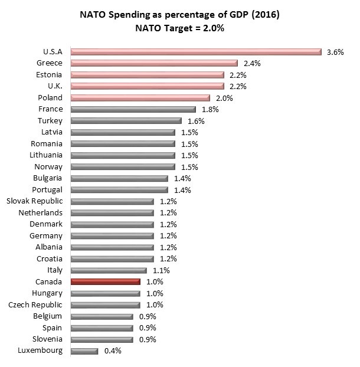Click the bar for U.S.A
pos(196,52)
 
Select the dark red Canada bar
pos(105,282)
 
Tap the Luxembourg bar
pos(84,351)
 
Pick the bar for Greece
pos(154,63)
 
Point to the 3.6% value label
pos(335,52)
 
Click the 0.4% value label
pos(112,351)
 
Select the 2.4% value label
pos(252,63)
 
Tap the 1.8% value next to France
pos(210,109)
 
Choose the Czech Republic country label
pos(35,305)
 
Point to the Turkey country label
pos(50,121)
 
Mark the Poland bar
pos(140,98)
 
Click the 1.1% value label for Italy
pos(162,271)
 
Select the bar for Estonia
pos(147,75)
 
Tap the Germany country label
pos(46,236)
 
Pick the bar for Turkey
pos(126,121)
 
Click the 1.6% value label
pos(196,121)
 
